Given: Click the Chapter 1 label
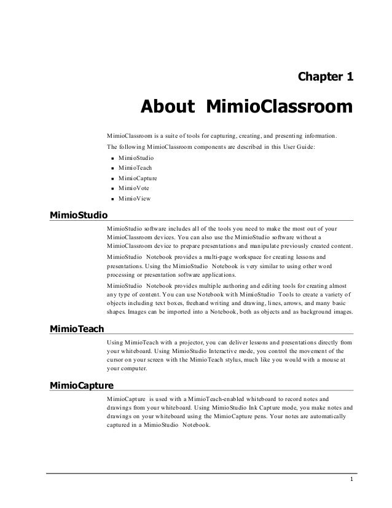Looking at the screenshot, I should [x=325, y=77].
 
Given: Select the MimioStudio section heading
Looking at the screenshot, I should [x=78, y=215].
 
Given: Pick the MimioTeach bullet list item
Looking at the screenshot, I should [x=136, y=168].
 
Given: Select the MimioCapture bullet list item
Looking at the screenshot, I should [x=139, y=178].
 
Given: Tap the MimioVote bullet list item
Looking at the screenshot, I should [x=135, y=188].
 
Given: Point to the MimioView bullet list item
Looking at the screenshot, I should [x=135, y=199].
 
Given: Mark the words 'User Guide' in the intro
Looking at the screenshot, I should [x=298, y=147].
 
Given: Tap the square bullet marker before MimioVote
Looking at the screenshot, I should [x=113, y=189].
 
